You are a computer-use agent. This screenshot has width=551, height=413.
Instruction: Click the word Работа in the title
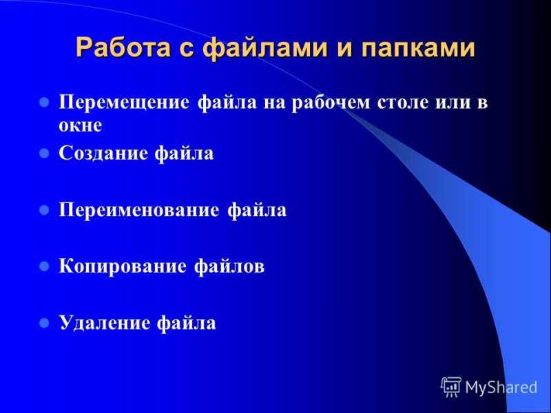(x=123, y=47)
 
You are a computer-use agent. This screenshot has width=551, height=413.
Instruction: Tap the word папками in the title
(x=418, y=48)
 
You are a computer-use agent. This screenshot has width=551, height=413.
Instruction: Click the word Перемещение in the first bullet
(x=124, y=103)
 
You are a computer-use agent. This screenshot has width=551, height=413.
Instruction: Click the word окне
(x=81, y=125)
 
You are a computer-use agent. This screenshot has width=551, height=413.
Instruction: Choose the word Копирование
(x=123, y=266)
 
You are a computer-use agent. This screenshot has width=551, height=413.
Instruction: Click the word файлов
(x=229, y=266)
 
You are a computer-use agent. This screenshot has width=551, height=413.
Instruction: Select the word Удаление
(x=105, y=323)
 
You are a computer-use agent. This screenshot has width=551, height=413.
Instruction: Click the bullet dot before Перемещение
(x=44, y=103)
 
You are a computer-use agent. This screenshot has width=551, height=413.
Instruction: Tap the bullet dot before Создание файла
(x=44, y=153)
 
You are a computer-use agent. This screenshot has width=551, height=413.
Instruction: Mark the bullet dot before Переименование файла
(x=44, y=210)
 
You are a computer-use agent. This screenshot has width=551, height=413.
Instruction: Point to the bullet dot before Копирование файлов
(x=44, y=266)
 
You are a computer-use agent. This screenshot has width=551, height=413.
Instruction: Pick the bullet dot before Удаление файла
(x=44, y=322)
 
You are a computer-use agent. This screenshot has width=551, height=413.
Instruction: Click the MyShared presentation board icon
(x=451, y=387)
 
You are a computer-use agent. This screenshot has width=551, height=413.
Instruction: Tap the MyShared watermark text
(x=501, y=388)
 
